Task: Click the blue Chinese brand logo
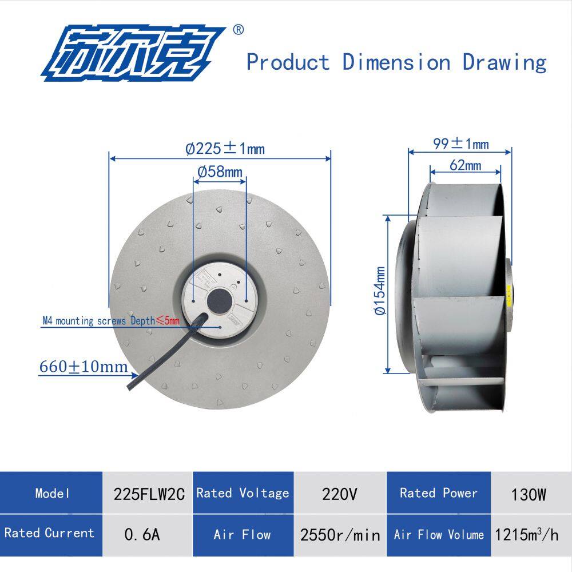coord(133,53)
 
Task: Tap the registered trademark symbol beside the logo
coord(238,30)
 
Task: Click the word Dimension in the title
coord(396,62)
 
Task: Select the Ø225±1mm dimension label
coord(225,149)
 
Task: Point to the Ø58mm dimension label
coord(220,172)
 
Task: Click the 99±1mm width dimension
coord(460,144)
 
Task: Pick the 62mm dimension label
coord(465,165)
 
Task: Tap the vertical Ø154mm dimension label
coord(380,291)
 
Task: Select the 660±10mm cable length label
coord(84,367)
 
